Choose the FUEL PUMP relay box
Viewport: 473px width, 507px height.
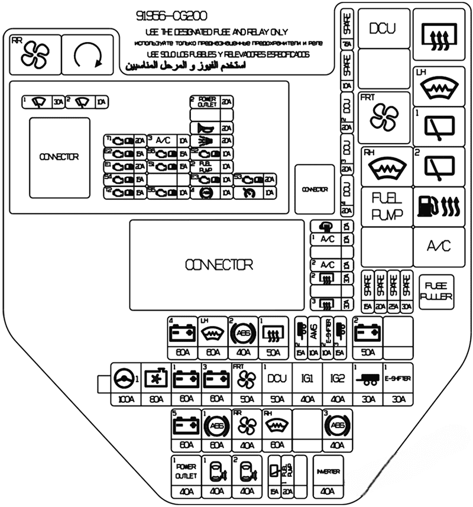[x=388, y=206]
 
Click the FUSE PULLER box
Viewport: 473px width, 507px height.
[x=436, y=293]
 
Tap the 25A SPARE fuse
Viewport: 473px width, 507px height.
[x=393, y=292]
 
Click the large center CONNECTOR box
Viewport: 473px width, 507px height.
[x=218, y=264]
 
